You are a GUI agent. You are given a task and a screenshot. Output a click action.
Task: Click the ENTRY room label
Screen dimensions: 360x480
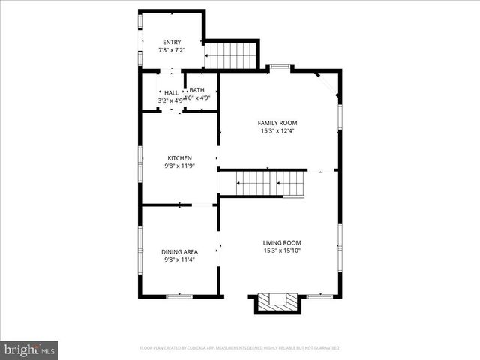click(x=172, y=42)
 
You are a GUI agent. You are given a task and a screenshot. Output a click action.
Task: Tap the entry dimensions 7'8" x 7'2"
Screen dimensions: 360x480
click(x=172, y=50)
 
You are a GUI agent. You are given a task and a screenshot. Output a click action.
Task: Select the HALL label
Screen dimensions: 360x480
click(x=171, y=92)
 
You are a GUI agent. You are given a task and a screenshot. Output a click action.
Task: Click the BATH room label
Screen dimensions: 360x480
click(x=196, y=90)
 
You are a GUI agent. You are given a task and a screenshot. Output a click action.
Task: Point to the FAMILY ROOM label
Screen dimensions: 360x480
click(x=277, y=123)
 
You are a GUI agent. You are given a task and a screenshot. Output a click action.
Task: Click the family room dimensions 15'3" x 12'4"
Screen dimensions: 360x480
click(x=277, y=131)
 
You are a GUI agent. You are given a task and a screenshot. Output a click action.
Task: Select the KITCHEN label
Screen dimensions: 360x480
click(x=179, y=158)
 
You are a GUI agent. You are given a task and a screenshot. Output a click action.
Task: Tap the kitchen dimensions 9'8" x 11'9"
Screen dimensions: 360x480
click(x=179, y=166)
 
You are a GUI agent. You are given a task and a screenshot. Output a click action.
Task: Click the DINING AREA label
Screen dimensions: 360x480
click(x=179, y=252)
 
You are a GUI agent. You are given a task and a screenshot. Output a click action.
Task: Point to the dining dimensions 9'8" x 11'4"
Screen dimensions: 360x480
click(x=179, y=260)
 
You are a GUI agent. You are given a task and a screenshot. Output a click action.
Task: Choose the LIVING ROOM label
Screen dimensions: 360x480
click(x=282, y=242)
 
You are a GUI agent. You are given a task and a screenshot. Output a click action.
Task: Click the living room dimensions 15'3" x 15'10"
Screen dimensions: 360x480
click(x=282, y=250)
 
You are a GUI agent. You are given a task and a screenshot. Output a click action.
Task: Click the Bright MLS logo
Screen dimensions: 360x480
click(x=30, y=349)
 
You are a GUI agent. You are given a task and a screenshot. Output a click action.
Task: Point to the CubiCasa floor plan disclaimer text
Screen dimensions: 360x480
click(x=240, y=348)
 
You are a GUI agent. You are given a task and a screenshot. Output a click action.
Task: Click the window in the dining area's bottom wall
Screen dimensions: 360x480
click(x=178, y=296)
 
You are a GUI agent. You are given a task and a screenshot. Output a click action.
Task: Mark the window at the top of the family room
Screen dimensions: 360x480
click(x=280, y=67)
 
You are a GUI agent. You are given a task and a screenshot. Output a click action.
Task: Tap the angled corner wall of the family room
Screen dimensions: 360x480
click(x=328, y=84)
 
